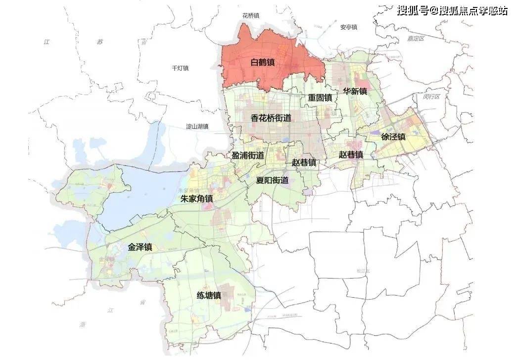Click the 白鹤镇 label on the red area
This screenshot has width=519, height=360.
click(x=263, y=63)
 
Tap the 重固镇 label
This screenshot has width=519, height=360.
click(x=320, y=98)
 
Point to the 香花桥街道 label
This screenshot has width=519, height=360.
click(x=271, y=118)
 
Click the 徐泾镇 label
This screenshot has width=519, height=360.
click(x=393, y=136)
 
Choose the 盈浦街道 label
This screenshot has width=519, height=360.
click(x=248, y=155)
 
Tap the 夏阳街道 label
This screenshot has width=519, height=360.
click(x=272, y=180)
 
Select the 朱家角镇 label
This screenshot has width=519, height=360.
click(x=196, y=199)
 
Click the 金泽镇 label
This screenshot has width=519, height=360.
click(x=140, y=247)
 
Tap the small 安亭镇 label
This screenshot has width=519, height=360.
click(x=349, y=27)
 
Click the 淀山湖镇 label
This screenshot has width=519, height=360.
click(x=197, y=127)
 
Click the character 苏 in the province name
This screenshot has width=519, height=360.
click(x=99, y=42)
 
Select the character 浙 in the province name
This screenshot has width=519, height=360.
click(x=82, y=325)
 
